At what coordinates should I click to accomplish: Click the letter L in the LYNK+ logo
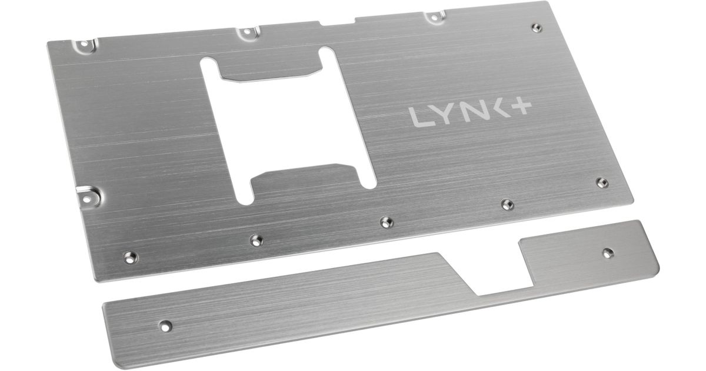[419, 117]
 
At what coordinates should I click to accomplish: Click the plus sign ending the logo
[521, 107]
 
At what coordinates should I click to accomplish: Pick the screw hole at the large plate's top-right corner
[537, 28]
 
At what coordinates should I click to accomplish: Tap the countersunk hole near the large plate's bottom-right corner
[602, 183]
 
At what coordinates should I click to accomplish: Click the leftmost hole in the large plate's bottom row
[130, 257]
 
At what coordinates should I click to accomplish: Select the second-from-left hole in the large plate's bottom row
[257, 240]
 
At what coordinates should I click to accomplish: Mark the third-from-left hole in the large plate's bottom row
[387, 223]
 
